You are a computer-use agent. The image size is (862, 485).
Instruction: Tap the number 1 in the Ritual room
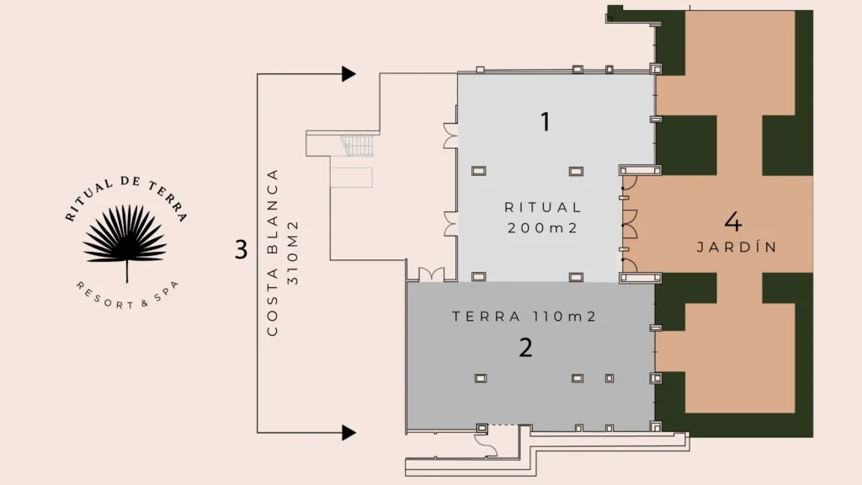tap(545, 122)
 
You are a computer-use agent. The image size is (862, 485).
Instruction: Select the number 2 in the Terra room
tap(525, 348)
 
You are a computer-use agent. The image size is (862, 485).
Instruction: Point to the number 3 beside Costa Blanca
tap(241, 249)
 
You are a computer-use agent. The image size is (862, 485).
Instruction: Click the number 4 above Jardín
tap(733, 221)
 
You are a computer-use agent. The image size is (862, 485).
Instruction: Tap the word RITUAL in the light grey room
tap(543, 207)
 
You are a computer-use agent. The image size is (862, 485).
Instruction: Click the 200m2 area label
tap(543, 227)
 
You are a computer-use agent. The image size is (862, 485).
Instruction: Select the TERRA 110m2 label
tap(524, 317)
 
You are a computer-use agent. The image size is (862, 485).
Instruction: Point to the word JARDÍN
tap(737, 248)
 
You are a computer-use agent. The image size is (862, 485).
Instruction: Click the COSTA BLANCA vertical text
tap(273, 253)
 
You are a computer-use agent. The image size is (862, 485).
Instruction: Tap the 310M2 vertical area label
tap(292, 253)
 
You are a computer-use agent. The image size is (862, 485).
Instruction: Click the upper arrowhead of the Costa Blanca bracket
tap(349, 74)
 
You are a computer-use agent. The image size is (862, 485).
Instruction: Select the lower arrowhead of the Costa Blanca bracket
tap(349, 433)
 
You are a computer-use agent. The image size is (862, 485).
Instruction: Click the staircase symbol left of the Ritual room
tap(357, 146)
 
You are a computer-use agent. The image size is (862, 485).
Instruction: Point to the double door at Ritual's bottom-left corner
tap(432, 274)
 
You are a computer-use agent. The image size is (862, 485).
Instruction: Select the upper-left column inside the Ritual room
tap(479, 171)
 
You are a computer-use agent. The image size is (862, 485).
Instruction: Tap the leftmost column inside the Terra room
tap(481, 378)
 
